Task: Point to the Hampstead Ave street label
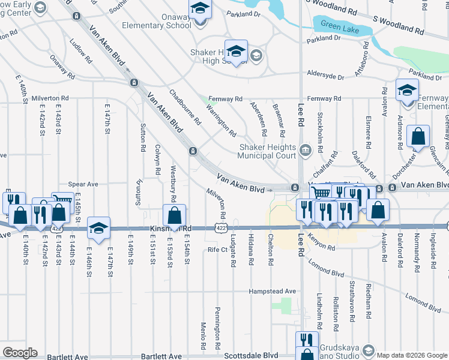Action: coord(273,292)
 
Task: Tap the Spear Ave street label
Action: coord(83,184)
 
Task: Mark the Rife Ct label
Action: coord(216,250)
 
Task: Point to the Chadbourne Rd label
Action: coord(185,108)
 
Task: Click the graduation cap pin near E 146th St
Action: coord(98,228)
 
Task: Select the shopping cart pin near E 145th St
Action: coord(62,201)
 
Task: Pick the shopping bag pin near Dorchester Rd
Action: coord(418,136)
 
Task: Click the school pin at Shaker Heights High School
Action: coord(236,52)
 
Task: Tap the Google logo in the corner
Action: coord(20,353)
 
